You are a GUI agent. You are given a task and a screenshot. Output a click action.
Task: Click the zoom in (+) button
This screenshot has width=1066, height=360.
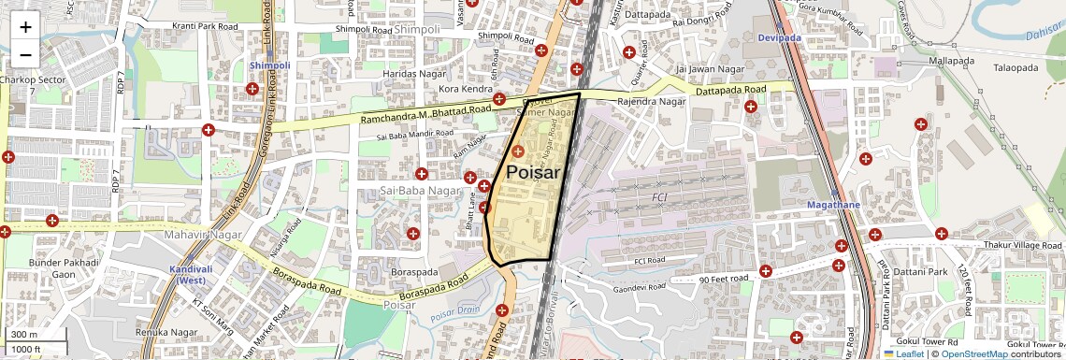point(25,27)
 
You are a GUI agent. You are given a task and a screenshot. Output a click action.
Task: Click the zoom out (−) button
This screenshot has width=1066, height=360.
point(25,54)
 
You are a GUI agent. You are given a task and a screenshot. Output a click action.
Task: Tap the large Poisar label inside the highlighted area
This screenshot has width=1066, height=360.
point(533,172)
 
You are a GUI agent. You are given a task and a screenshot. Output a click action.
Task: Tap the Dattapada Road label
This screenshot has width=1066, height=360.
point(730,90)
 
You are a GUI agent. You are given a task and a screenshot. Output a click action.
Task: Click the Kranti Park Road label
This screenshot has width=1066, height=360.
point(205,26)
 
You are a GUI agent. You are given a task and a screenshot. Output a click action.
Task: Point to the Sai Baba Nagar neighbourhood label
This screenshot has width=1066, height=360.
point(421,191)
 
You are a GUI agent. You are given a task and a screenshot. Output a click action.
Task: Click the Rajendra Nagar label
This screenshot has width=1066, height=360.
point(652,101)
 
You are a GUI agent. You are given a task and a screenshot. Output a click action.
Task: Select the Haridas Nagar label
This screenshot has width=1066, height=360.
point(412,73)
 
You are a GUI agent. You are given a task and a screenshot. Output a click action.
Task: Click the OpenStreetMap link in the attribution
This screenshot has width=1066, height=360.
point(973,353)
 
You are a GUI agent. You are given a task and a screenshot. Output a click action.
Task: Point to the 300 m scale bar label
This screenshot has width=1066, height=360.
point(24,335)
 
